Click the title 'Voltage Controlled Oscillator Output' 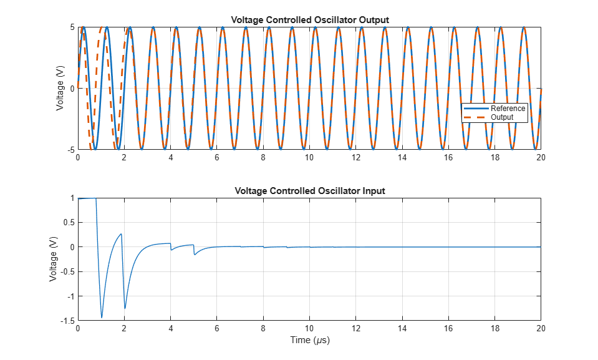click(310, 20)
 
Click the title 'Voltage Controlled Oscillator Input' click(310, 191)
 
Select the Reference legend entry click(494, 109)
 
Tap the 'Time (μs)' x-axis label click(310, 340)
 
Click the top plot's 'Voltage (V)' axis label click(60, 88)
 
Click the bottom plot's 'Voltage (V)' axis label click(53, 259)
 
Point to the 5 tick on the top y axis click(72, 27)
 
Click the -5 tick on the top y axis click(71, 150)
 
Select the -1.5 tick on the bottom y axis click(67, 321)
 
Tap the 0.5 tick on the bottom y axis click(69, 223)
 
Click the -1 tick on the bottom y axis click(71, 296)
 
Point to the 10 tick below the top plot click(309, 157)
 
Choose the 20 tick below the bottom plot click(541, 328)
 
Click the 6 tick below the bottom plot click(216, 328)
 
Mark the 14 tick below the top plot click(402, 157)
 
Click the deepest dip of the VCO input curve click(102, 317)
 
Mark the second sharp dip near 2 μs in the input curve click(125, 308)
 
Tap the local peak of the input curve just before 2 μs click(121, 234)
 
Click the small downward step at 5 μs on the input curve click(194, 250)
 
